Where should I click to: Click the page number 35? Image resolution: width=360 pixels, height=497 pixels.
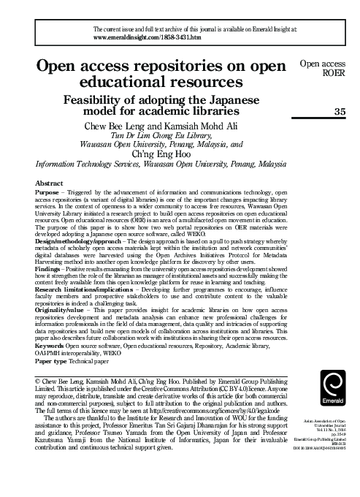[x=338, y=111]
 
